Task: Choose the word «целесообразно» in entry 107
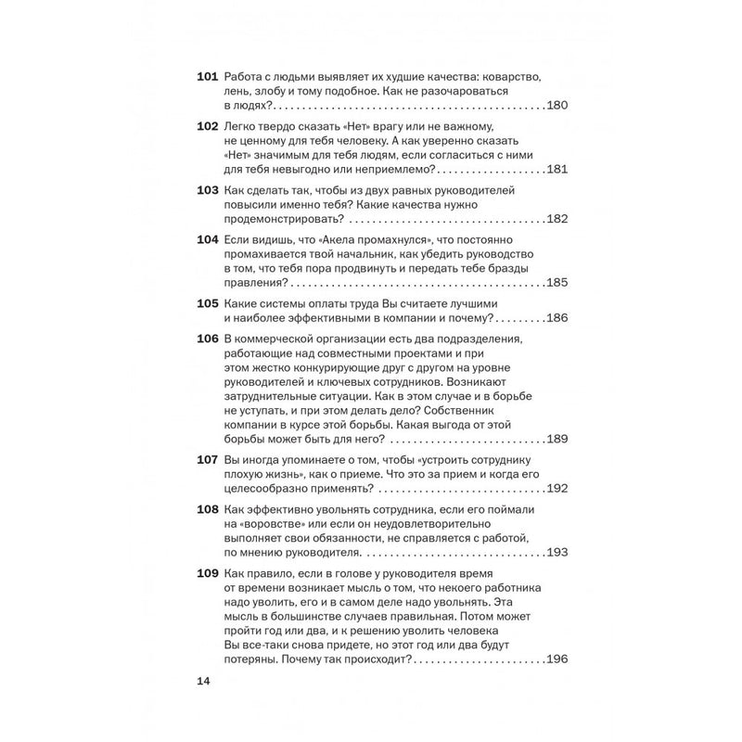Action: pos(267,488)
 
